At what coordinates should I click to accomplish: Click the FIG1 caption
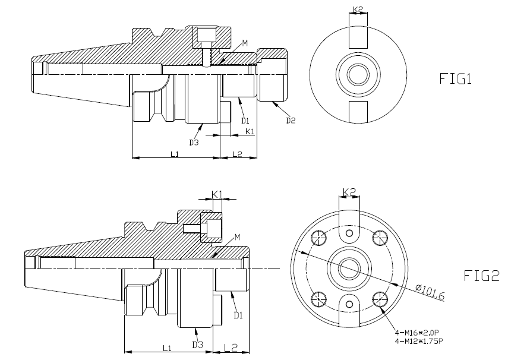click(455, 79)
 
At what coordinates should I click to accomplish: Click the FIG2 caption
click(482, 276)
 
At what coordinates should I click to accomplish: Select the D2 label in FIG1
click(291, 121)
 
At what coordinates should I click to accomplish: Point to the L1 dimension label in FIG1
click(175, 154)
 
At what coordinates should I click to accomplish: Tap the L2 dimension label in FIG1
click(237, 154)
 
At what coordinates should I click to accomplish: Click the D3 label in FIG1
click(194, 142)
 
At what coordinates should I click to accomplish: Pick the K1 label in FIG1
click(250, 130)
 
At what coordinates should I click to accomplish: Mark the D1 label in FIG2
click(238, 315)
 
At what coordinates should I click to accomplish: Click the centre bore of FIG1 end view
click(358, 75)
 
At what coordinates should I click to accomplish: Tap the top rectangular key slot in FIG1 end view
click(358, 37)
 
